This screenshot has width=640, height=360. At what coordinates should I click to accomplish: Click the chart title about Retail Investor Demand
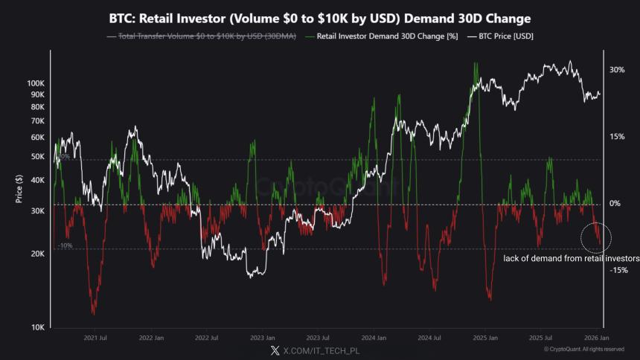pos(321,17)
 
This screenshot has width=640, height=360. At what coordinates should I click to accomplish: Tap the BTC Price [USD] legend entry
pos(501,36)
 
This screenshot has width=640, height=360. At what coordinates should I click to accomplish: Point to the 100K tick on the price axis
pos(36,83)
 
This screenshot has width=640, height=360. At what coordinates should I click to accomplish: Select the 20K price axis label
pos(37,254)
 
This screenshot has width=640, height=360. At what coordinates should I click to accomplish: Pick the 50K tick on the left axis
pos(37,156)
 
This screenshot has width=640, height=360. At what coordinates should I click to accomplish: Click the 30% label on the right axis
pos(596,70)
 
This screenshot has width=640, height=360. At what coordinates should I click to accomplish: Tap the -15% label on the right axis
pos(598,271)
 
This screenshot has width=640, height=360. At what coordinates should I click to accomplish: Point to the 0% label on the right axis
pos(595,204)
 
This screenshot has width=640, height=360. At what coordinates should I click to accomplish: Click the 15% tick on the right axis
pos(596,137)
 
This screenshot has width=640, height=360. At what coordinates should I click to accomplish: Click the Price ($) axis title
pos(18,189)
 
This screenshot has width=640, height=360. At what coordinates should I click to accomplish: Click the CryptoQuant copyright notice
pos(584,349)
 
